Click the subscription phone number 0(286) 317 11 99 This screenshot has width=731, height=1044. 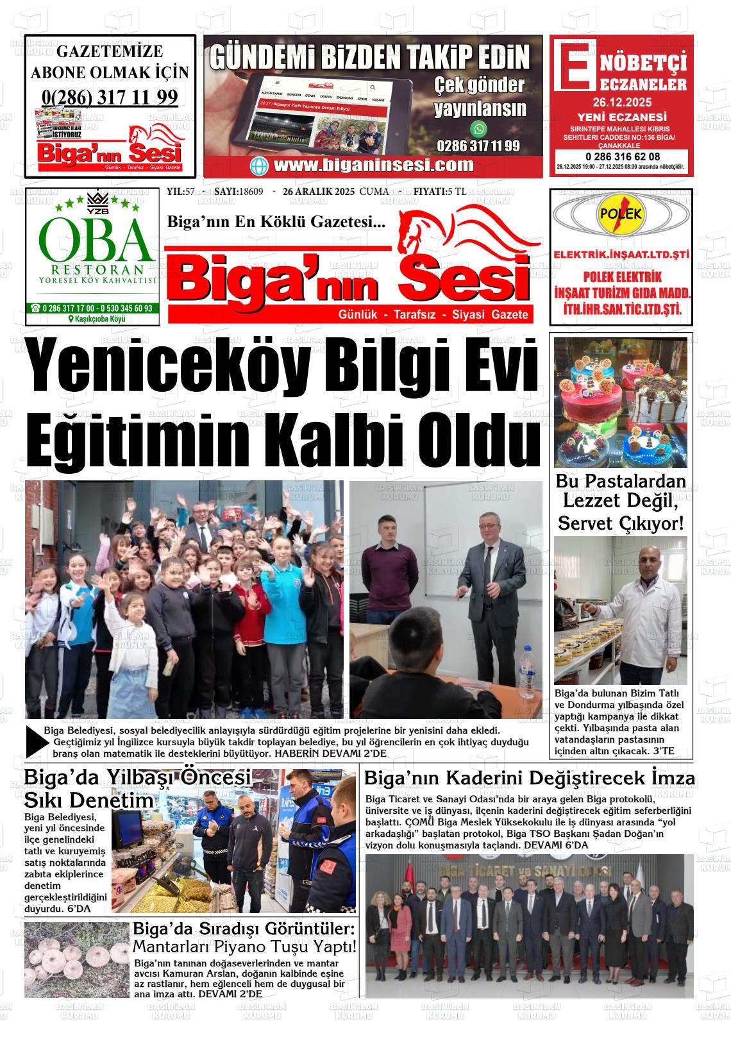pos(110,97)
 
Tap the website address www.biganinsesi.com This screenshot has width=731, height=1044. pos(373,165)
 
